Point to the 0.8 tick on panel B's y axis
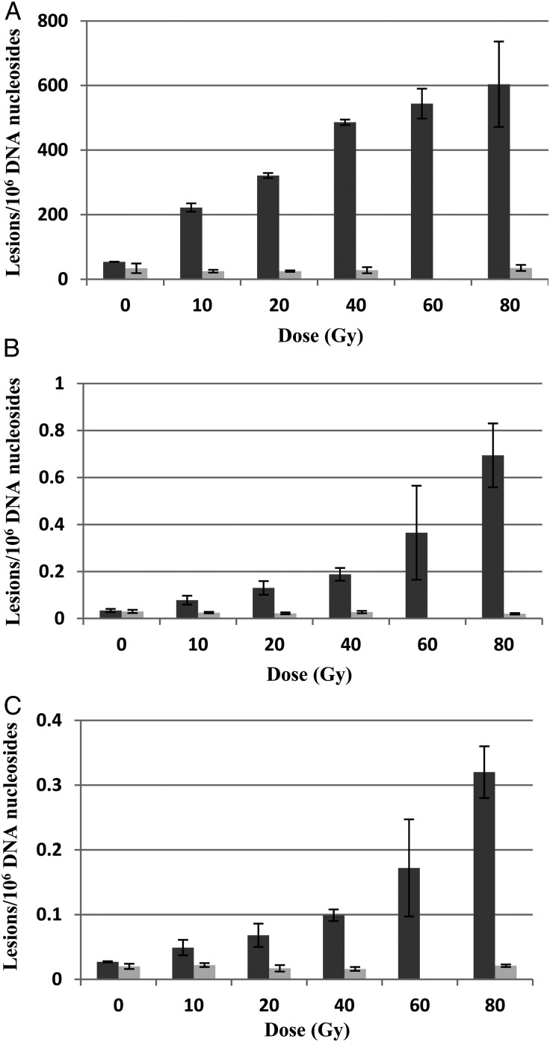click(x=61, y=431)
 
